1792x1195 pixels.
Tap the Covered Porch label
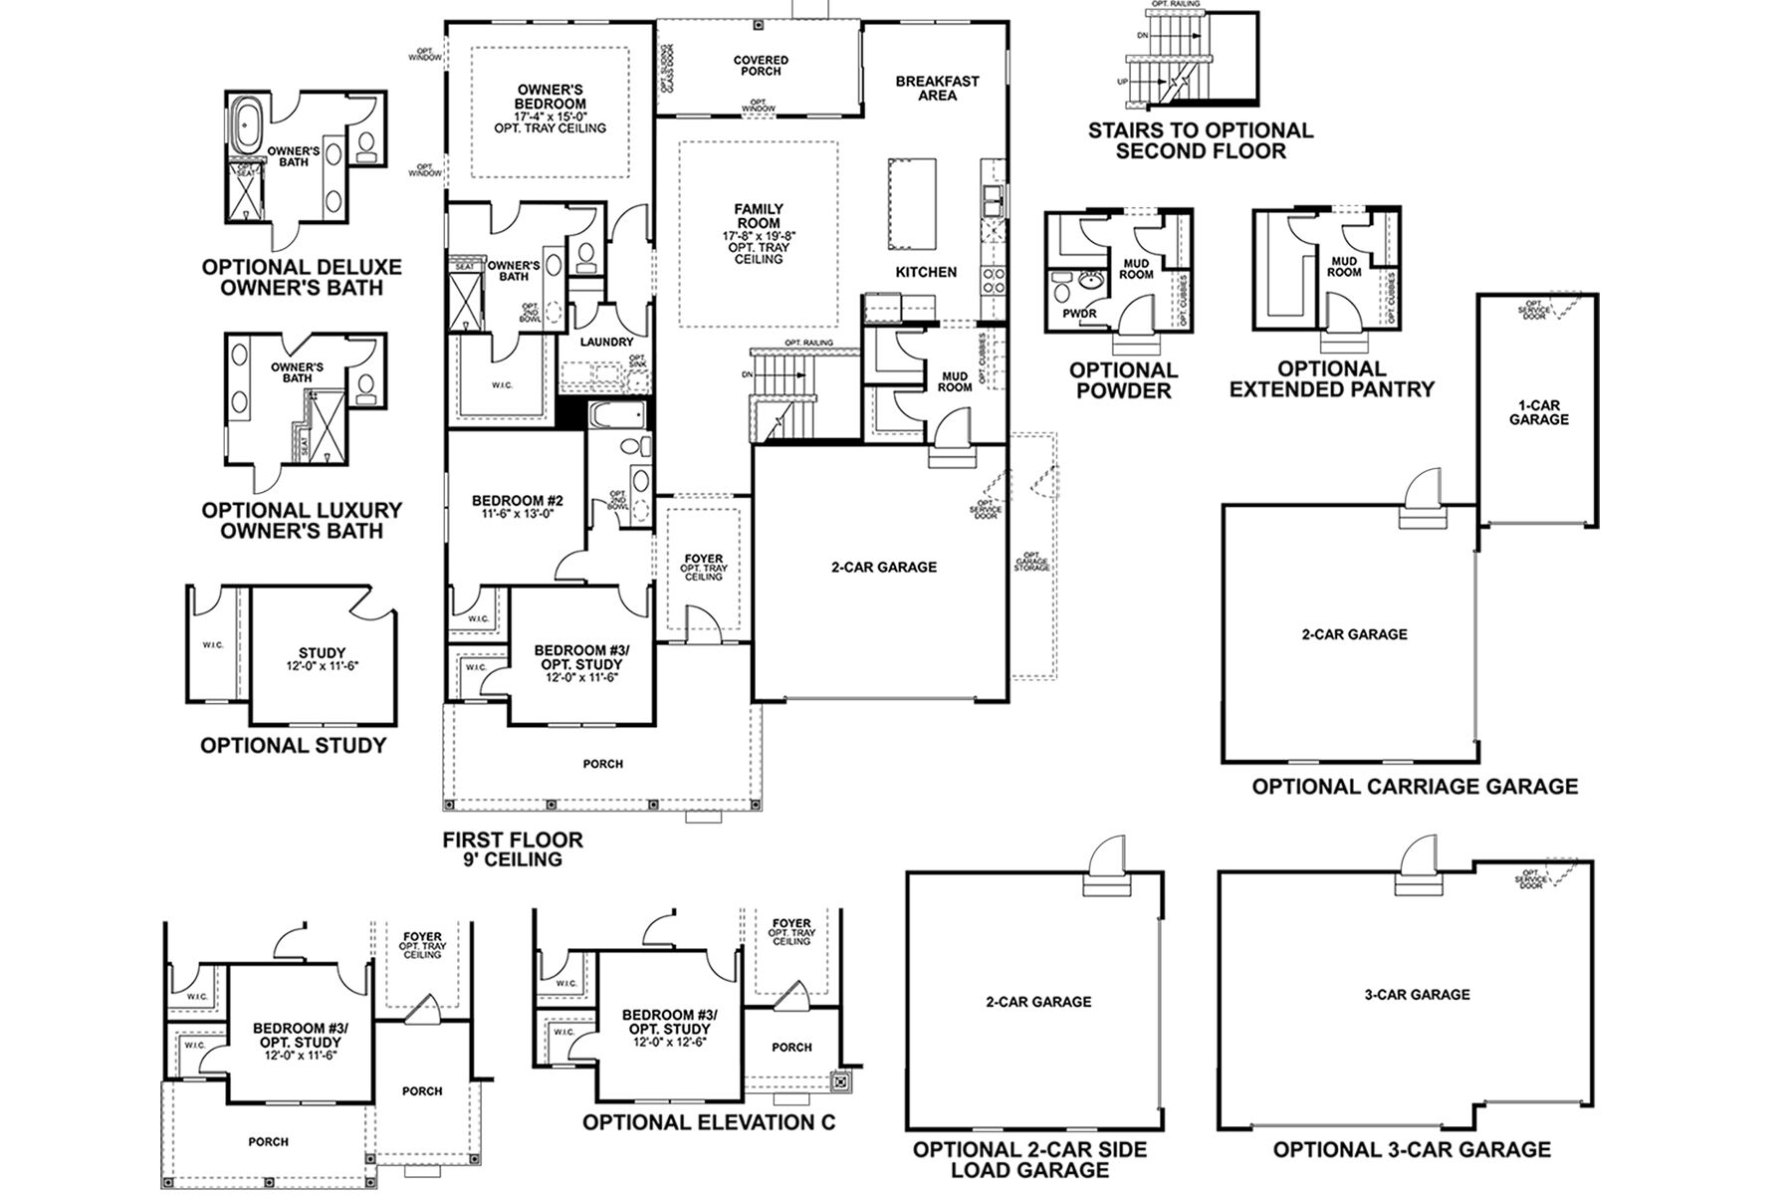pyautogui.click(x=761, y=66)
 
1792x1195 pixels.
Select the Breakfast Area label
pyautogui.click(x=937, y=89)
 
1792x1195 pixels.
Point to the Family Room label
pyautogui.click(x=759, y=216)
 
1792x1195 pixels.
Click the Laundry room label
pyautogui.click(x=606, y=342)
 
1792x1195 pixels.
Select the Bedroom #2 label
pyautogui.click(x=518, y=501)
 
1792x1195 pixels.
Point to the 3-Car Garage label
pyautogui.click(x=1417, y=994)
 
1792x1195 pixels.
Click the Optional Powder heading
pyautogui.click(x=1123, y=379)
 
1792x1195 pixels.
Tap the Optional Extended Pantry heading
pyautogui.click(x=1331, y=379)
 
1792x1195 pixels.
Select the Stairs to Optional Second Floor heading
pyautogui.click(x=1200, y=140)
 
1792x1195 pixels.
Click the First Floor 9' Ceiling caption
pyautogui.click(x=513, y=849)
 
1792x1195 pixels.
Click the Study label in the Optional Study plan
pyautogui.click(x=322, y=653)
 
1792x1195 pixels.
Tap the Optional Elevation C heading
pyautogui.click(x=708, y=1122)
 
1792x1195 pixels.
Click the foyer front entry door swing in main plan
pyautogui.click(x=701, y=626)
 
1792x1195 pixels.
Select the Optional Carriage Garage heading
pyautogui.click(x=1414, y=787)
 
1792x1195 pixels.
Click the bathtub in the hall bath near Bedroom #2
pyautogui.click(x=616, y=414)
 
